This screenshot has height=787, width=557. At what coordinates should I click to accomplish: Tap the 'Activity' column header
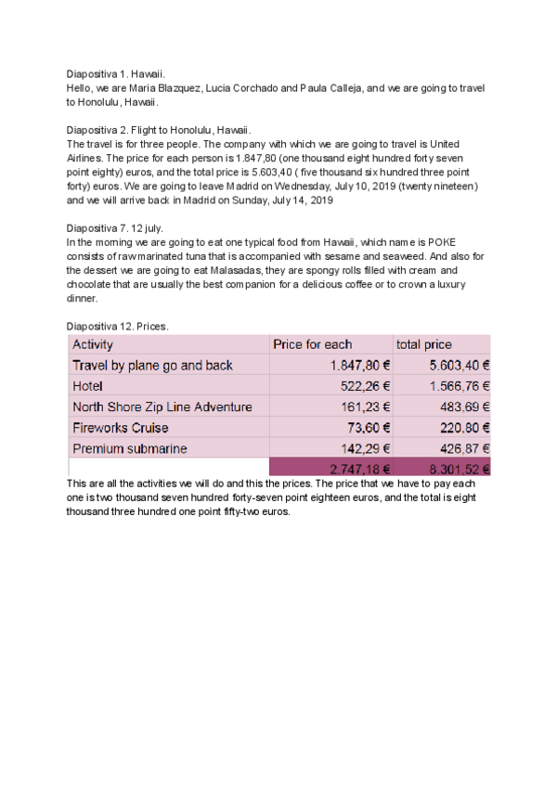[x=93, y=345]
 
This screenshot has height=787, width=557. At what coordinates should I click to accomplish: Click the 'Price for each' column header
[x=313, y=345]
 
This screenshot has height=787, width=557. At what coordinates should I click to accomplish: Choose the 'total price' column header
[x=425, y=345]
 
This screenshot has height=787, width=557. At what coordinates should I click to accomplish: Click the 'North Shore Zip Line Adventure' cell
[x=162, y=407]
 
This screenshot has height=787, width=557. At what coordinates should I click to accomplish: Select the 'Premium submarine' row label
[x=130, y=448]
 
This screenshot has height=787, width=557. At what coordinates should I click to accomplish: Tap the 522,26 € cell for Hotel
[x=360, y=386]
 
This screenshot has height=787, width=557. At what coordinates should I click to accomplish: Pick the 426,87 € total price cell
[x=464, y=448]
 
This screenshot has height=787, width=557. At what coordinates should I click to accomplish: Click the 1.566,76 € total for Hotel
[x=460, y=386]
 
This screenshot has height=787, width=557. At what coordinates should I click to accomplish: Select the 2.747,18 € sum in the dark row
[x=354, y=469]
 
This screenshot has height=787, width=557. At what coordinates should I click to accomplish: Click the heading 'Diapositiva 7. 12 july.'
[x=115, y=227]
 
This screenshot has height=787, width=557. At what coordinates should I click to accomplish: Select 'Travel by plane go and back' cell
[x=152, y=366]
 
